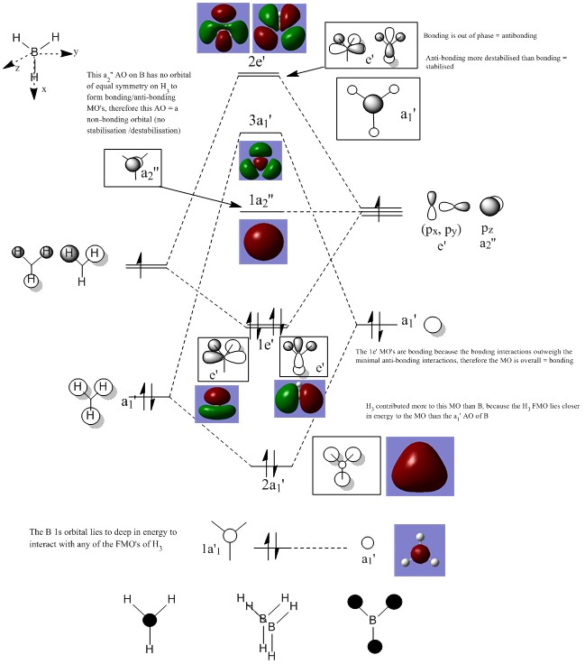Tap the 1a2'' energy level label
coord(260,199)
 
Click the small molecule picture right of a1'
coord(420,551)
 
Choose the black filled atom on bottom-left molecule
coord(150,620)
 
